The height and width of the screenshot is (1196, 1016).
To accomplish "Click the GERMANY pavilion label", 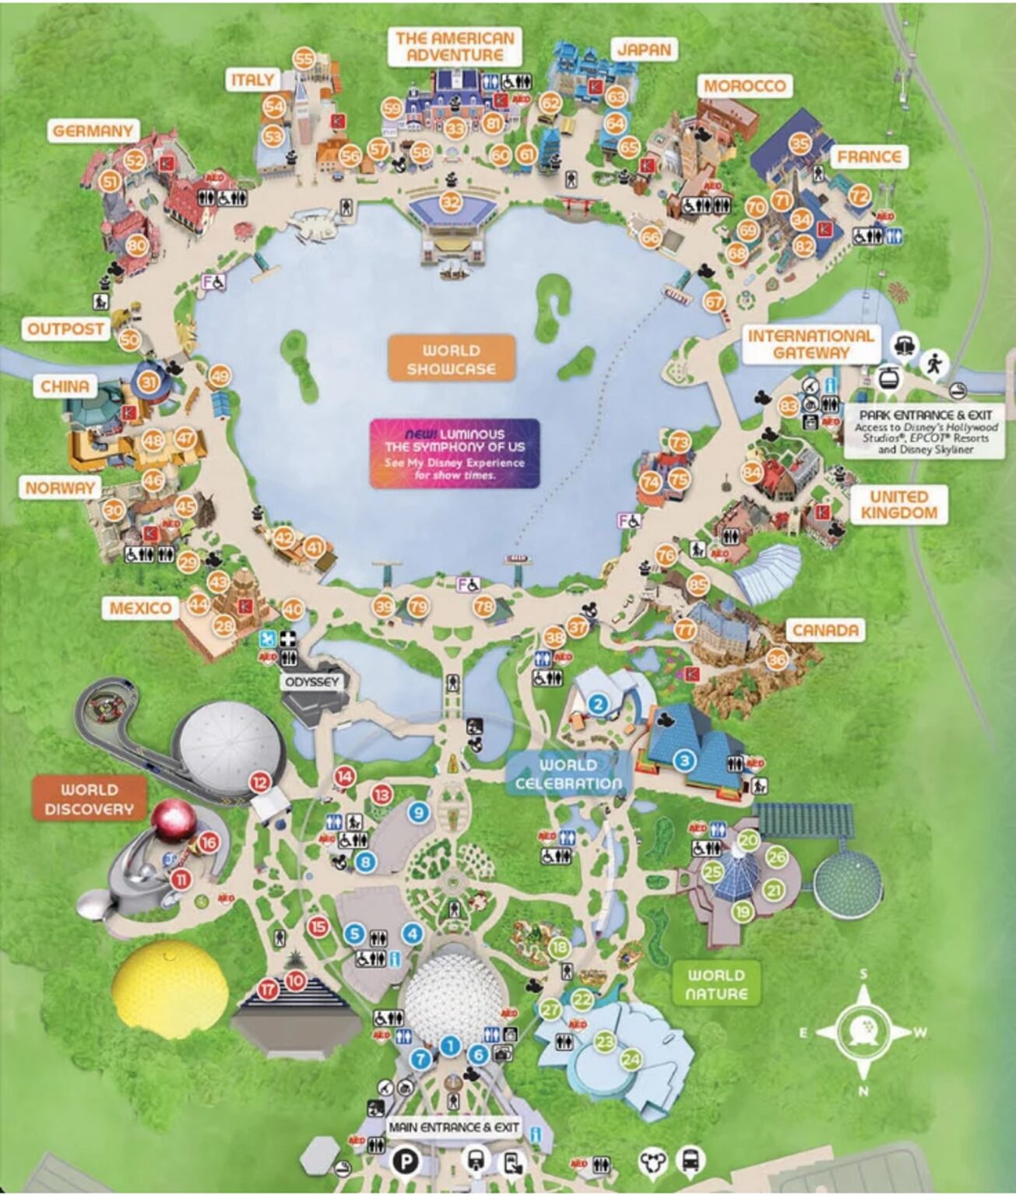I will pyautogui.click(x=93, y=131).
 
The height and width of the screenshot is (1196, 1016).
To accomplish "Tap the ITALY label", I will pyautogui.click(x=252, y=79).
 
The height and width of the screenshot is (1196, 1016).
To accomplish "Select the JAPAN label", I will pyautogui.click(x=644, y=50).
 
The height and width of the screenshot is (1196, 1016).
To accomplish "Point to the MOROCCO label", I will pyautogui.click(x=744, y=86).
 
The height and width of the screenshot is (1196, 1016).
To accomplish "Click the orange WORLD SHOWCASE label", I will pyautogui.click(x=452, y=359).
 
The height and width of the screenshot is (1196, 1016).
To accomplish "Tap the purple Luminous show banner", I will pyautogui.click(x=455, y=453).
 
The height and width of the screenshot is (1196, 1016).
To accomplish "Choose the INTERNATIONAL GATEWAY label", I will pyautogui.click(x=810, y=344).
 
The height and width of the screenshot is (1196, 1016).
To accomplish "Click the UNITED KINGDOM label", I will pyautogui.click(x=898, y=505).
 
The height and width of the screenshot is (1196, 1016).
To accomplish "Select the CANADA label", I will pyautogui.click(x=825, y=630).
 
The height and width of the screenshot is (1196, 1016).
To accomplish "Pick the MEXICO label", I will pyautogui.click(x=140, y=608).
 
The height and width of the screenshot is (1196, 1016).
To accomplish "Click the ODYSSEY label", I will pyautogui.click(x=312, y=682).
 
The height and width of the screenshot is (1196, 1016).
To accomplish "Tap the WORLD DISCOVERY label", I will pyautogui.click(x=89, y=800).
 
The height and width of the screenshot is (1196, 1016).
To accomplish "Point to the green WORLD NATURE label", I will pyautogui.click(x=715, y=984).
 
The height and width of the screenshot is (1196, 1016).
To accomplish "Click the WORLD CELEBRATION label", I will pyautogui.click(x=568, y=774).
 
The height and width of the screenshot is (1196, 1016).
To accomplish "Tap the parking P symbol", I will pyautogui.click(x=406, y=1162).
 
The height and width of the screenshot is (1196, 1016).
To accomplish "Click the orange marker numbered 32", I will pyautogui.click(x=451, y=202).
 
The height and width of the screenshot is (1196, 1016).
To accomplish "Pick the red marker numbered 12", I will pyautogui.click(x=259, y=783).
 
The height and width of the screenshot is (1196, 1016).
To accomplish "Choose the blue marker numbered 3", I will pyautogui.click(x=684, y=760).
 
